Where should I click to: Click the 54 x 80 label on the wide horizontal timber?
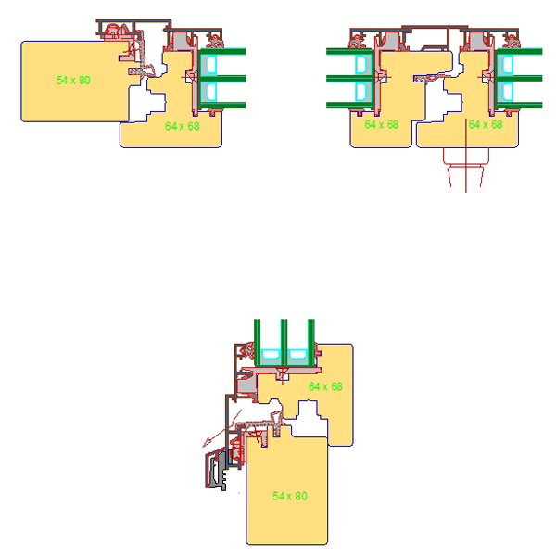pos(73,81)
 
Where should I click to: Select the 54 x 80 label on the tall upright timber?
pos(290,496)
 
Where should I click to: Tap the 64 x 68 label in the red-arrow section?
pos(325,386)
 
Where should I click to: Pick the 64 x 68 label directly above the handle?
pos(486,124)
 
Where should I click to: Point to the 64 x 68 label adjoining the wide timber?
pos(183,126)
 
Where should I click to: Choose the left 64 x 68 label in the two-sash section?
pos(382,124)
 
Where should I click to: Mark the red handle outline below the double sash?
pos(466,167)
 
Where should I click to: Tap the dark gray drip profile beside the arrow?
pos(216,470)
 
